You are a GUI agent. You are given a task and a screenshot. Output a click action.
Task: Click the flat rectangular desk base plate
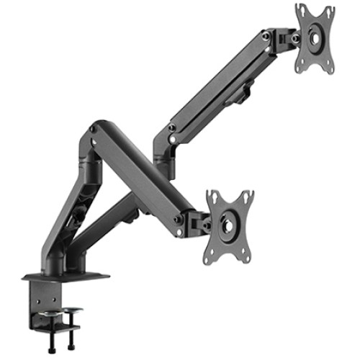65,276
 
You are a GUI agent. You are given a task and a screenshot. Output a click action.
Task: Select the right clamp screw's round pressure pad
71,311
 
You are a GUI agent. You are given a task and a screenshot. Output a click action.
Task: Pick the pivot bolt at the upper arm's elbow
171,128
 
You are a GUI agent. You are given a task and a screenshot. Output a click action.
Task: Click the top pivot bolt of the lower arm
93,130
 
